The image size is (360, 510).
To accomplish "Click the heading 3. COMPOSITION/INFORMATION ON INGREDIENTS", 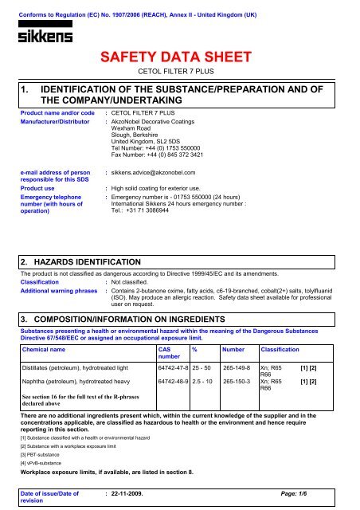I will coord(123,291).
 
